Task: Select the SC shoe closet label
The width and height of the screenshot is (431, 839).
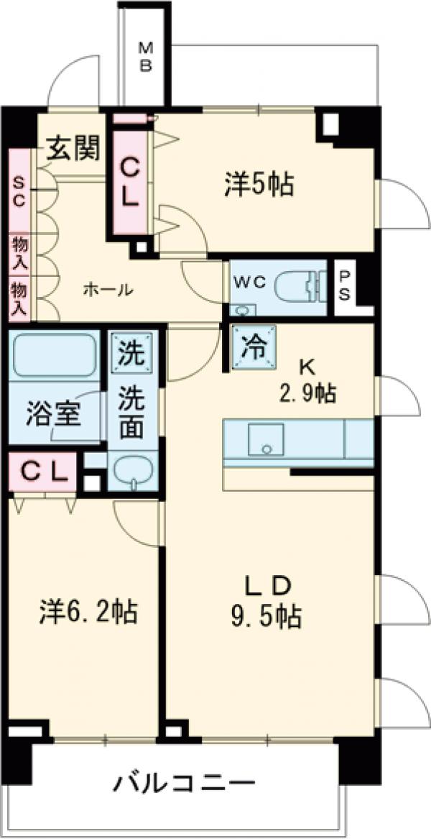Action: tap(19, 191)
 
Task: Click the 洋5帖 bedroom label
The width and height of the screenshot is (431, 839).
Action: tap(258, 185)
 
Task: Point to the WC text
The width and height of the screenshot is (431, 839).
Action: tap(249, 282)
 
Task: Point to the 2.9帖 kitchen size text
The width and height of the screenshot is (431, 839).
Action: tap(307, 393)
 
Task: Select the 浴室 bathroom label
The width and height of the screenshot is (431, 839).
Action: tap(52, 416)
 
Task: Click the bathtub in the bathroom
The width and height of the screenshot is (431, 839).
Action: tap(54, 355)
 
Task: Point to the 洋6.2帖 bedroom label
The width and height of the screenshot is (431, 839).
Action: tap(88, 613)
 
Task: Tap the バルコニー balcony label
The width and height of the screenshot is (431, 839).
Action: tap(183, 782)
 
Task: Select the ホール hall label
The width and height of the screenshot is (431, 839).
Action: tap(108, 290)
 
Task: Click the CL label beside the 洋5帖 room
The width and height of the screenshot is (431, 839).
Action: tap(129, 183)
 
